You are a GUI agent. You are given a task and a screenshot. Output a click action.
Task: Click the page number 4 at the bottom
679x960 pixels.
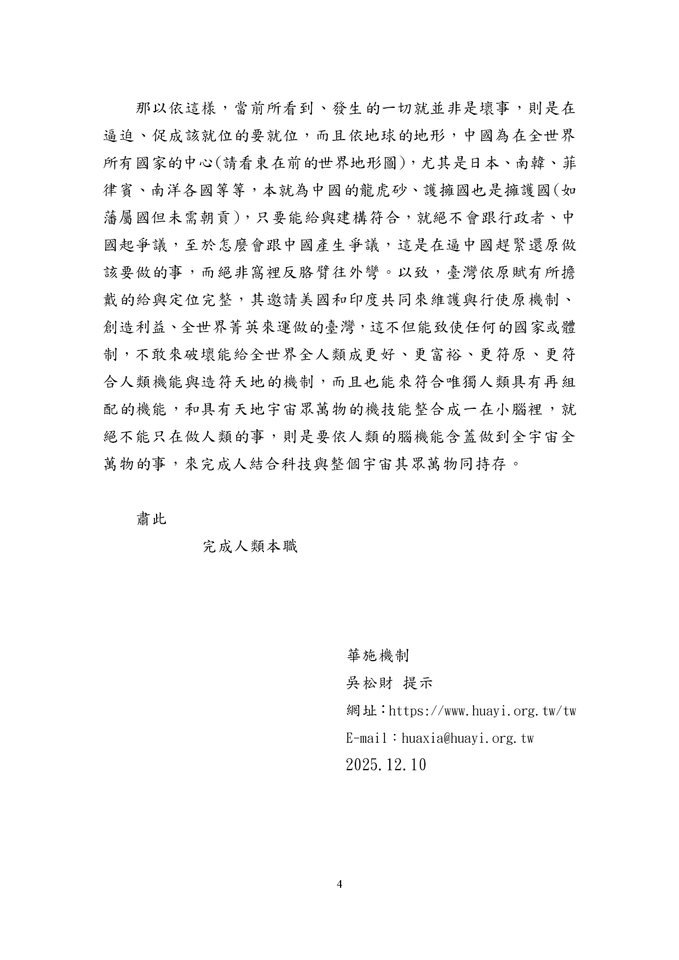339,884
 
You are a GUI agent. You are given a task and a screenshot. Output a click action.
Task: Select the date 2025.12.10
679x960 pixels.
385,765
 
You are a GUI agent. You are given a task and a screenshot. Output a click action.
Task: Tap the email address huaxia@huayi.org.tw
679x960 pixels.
467,738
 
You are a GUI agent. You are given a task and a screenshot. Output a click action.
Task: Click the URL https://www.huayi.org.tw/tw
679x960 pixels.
482,711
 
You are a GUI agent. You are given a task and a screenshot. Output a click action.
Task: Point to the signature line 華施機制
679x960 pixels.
378,655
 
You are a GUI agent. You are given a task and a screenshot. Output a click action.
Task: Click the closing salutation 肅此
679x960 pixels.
151,518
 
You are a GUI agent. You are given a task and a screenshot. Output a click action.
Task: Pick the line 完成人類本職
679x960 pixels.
250,546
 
